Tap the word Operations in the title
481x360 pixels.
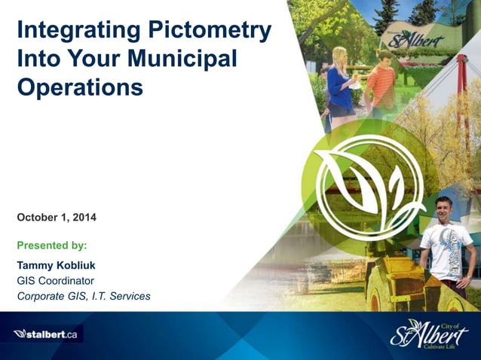coord(80,87)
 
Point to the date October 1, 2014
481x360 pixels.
coord(57,218)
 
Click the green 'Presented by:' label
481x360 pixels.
coord(51,245)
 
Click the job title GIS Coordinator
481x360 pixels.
coord(55,280)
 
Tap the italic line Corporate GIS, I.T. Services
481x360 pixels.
coord(83,296)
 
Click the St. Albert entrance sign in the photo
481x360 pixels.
coord(416,38)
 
